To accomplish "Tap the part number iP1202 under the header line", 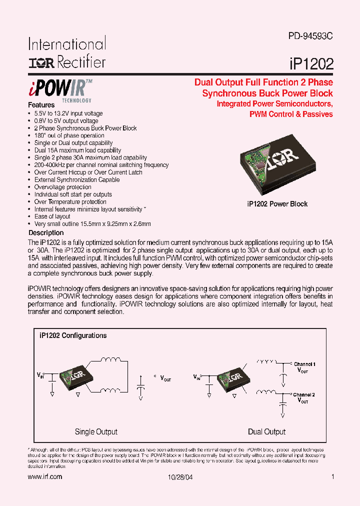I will pos(311,64).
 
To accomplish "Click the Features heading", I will pos(41,105).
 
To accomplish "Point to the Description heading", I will pos(46,232).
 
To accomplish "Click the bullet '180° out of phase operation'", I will pos(69,135).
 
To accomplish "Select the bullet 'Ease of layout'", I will pos(52,216).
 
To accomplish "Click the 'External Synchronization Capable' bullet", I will pos(77,179).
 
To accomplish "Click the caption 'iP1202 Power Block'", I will pos(277,204).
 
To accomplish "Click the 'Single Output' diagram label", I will pos(96,431).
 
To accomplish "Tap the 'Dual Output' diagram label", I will pos(266,431).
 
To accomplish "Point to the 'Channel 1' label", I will pos(304,364).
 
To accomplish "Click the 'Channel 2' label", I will pos(304,394).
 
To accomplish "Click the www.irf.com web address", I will pos(45,477).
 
